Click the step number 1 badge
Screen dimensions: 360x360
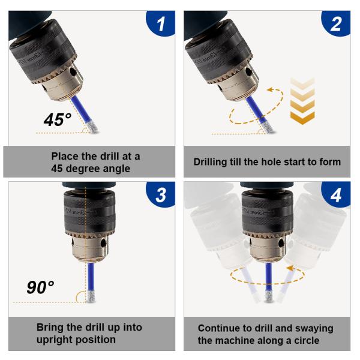[161, 23]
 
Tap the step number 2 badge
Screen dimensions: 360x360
[336, 23]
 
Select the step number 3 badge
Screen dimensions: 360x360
[161, 194]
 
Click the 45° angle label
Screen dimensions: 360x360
[58, 119]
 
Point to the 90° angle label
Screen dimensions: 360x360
[40, 287]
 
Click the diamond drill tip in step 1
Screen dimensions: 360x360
[93, 127]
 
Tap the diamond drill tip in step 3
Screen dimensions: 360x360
[91, 296]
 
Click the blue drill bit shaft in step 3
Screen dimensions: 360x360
[91, 277]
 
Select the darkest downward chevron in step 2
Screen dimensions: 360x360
[302, 118]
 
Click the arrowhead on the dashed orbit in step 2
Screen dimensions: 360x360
[271, 89]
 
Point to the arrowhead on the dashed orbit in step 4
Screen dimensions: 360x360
[290, 268]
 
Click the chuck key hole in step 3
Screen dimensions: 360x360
[104, 243]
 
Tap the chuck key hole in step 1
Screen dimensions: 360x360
[74, 73]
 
